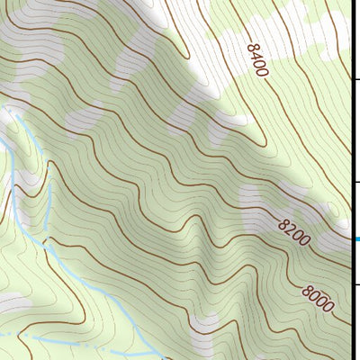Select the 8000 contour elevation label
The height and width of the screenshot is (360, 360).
[319, 298]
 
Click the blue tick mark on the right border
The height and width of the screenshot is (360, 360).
[355, 238]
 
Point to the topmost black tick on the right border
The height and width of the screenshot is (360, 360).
[355, 79]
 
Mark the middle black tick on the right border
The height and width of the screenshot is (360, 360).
[355, 182]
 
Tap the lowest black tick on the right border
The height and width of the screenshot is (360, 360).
[355, 284]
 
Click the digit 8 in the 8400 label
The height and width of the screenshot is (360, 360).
[248, 44]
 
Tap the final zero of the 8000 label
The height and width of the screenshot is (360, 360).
[329, 308]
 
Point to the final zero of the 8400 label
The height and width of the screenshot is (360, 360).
[263, 71]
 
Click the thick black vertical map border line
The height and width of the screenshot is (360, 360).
[351, 135]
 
